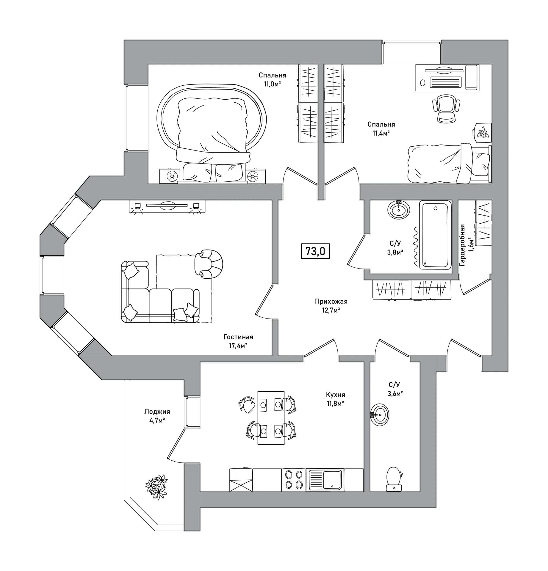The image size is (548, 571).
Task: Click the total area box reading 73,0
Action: (315, 251)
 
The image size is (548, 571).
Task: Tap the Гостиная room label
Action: (238, 337)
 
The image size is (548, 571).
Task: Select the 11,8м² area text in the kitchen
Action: (335, 404)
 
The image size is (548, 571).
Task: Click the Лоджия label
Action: (157, 412)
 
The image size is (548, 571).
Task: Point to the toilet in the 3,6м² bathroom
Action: (394, 479)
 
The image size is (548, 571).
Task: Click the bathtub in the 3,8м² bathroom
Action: (436, 235)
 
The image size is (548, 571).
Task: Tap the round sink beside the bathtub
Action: (399, 210)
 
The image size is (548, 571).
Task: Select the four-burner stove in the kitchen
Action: (294, 480)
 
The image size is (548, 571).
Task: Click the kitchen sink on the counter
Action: (325, 480)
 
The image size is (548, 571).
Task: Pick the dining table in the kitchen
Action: (271, 418)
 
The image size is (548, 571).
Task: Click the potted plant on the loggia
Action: (157, 487)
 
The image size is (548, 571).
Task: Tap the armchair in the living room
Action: (209, 264)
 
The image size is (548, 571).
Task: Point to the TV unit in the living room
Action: (167, 206)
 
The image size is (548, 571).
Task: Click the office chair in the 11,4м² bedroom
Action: (446, 108)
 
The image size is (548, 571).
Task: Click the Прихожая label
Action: (331, 302)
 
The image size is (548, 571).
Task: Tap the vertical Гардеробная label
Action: (462, 245)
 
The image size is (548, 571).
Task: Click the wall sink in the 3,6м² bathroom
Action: (380, 415)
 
